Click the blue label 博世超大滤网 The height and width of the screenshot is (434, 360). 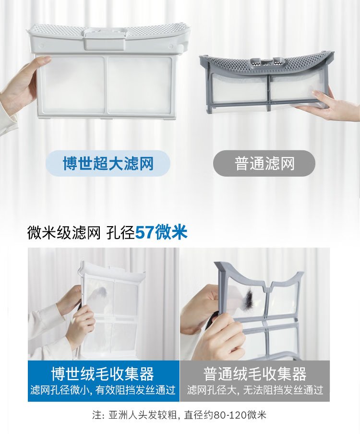point(108,163)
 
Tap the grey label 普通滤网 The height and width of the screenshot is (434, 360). point(264,163)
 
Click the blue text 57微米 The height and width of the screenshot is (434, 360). point(161,232)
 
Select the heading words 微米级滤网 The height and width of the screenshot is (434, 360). point(64,232)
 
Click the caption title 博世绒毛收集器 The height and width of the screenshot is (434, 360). point(103,374)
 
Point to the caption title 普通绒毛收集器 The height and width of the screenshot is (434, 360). point(255,374)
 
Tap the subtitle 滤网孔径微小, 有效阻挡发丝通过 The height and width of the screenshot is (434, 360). point(103,390)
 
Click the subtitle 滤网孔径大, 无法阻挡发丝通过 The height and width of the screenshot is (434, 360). point(255,390)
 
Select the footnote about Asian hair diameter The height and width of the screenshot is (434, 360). point(180,415)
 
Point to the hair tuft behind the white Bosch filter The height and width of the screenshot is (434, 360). point(101,291)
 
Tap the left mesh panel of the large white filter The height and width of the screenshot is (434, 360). point(71,84)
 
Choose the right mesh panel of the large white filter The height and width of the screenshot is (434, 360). point(140,84)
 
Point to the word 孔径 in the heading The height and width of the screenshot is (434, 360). point(120,232)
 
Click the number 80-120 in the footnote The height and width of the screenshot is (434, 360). point(228,415)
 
